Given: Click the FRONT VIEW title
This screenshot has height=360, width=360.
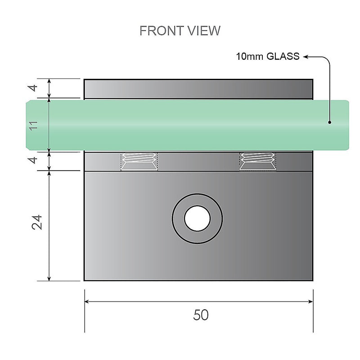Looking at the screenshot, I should click(180, 31).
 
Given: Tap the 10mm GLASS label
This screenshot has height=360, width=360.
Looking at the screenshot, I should click(267, 57).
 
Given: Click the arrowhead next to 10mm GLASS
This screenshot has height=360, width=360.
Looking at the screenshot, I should click(305, 57).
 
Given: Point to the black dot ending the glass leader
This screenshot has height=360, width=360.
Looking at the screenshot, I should click(330, 122).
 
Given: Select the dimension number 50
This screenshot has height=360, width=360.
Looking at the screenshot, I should click(201, 315).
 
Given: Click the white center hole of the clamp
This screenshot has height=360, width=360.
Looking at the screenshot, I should click(197, 219).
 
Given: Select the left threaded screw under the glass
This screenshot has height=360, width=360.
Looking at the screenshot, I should click(139, 161).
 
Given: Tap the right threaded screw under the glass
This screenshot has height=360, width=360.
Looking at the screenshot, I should click(258, 161).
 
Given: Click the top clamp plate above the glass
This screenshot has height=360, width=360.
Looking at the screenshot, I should click(198, 89).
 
